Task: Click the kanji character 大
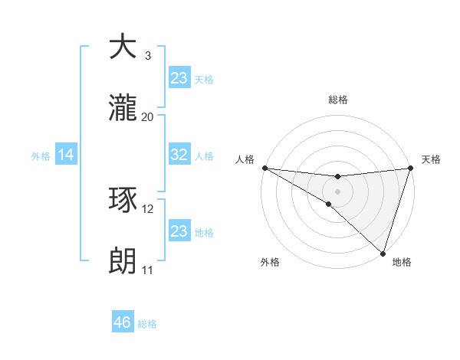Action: click(123, 47)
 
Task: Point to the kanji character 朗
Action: click(123, 262)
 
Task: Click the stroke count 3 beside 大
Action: click(147, 56)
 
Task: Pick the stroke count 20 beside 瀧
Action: click(148, 117)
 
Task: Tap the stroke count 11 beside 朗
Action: click(147, 270)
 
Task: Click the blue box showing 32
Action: click(179, 155)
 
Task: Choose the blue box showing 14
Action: click(66, 155)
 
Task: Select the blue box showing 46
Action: click(123, 322)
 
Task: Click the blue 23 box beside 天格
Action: click(179, 77)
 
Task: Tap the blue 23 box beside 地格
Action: click(179, 231)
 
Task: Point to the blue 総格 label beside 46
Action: click(147, 324)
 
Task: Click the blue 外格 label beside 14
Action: click(41, 156)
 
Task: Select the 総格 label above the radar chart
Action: click(338, 100)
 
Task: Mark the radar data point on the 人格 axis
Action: click(264, 168)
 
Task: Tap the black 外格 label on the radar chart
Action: click(270, 262)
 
